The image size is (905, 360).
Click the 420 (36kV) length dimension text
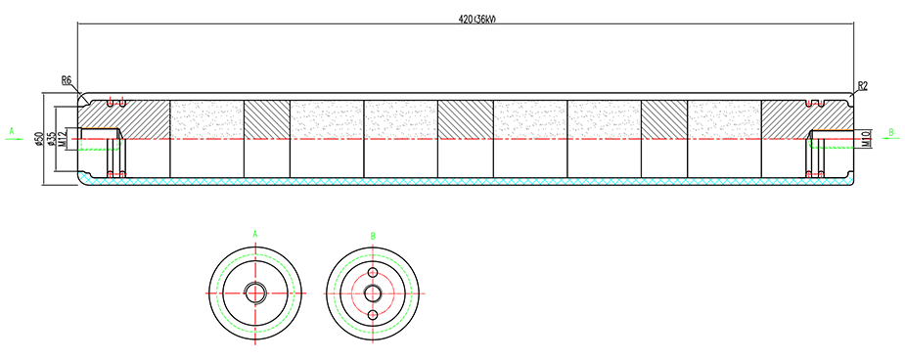(477, 19)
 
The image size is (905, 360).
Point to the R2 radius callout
(863, 86)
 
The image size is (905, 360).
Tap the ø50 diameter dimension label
(37, 139)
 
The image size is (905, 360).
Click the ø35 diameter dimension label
(51, 139)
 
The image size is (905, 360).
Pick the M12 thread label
(63, 139)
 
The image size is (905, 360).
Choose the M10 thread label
(865, 139)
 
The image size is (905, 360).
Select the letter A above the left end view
(255, 234)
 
